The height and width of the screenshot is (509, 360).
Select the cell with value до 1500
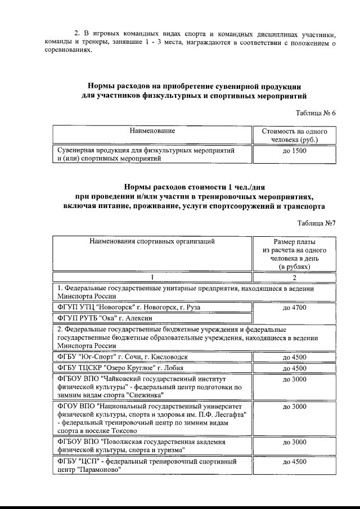point(294,151)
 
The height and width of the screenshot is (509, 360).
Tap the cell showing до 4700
point(294,308)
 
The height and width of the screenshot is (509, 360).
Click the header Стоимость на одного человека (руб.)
point(294,135)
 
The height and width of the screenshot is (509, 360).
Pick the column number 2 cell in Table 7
point(294,277)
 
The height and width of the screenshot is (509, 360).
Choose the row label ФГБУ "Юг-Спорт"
point(84,357)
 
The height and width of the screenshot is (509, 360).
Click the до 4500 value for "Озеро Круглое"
point(294,368)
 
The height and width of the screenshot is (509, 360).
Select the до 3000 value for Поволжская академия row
point(294,442)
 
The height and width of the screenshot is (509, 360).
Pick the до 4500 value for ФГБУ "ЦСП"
point(294,462)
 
